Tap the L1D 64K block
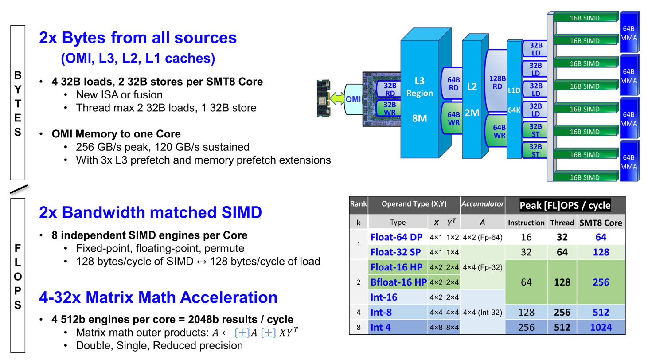(x=514, y=100)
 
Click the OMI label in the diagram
(x=353, y=99)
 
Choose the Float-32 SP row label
(x=395, y=253)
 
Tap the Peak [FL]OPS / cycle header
(x=564, y=206)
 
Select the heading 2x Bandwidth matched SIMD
(x=150, y=212)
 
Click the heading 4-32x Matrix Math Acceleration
(x=158, y=297)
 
